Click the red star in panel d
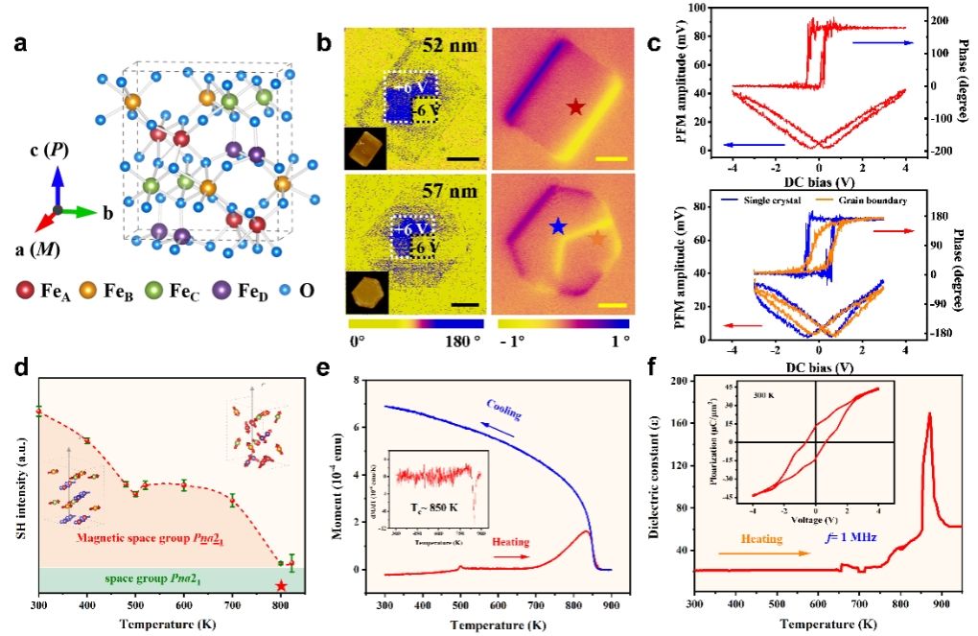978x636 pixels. pyautogui.click(x=280, y=585)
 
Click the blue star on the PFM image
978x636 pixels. pyautogui.click(x=558, y=226)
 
